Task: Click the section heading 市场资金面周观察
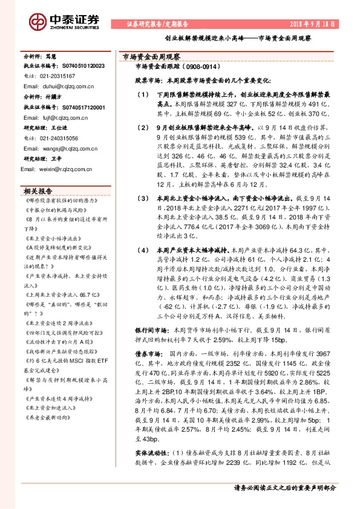pyautogui.click(x=148, y=56)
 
